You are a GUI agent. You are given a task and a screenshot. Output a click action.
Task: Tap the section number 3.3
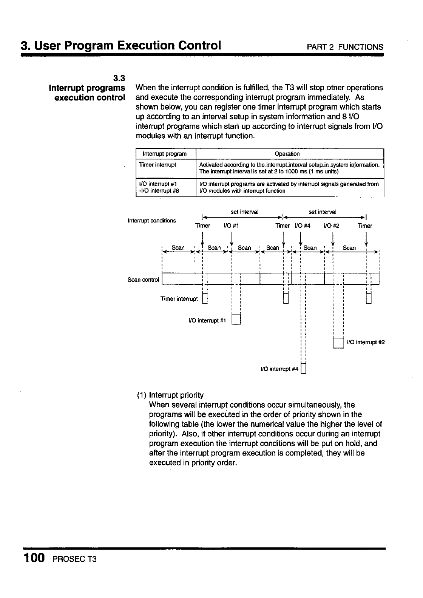pyautogui.click(x=119, y=78)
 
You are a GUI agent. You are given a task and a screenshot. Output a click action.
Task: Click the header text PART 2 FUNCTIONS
pyautogui.click(x=345, y=47)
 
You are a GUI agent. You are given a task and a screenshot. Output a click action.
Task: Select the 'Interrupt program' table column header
pyautogui.click(x=164, y=154)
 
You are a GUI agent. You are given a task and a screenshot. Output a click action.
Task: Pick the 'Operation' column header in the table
pyautogui.click(x=287, y=154)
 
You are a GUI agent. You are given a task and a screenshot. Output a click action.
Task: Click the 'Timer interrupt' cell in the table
pyautogui.click(x=157, y=165)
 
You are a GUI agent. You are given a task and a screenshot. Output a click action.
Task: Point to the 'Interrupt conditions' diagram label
pyautogui.click(x=151, y=221)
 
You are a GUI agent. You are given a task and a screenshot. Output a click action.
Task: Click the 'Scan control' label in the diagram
pyautogui.click(x=144, y=280)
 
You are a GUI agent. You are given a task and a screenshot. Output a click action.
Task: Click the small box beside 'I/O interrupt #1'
pyautogui.click(x=236, y=319)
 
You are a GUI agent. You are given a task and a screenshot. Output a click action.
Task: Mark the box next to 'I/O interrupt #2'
pyautogui.click(x=338, y=342)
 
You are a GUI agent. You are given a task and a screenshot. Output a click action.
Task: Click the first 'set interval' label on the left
pyautogui.click(x=244, y=212)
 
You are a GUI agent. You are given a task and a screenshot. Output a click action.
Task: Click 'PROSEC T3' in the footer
pyautogui.click(x=75, y=559)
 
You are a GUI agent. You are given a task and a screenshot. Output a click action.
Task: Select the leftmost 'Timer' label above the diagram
pyautogui.click(x=202, y=226)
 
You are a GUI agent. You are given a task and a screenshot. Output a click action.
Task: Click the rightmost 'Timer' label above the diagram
pyautogui.click(x=365, y=226)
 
